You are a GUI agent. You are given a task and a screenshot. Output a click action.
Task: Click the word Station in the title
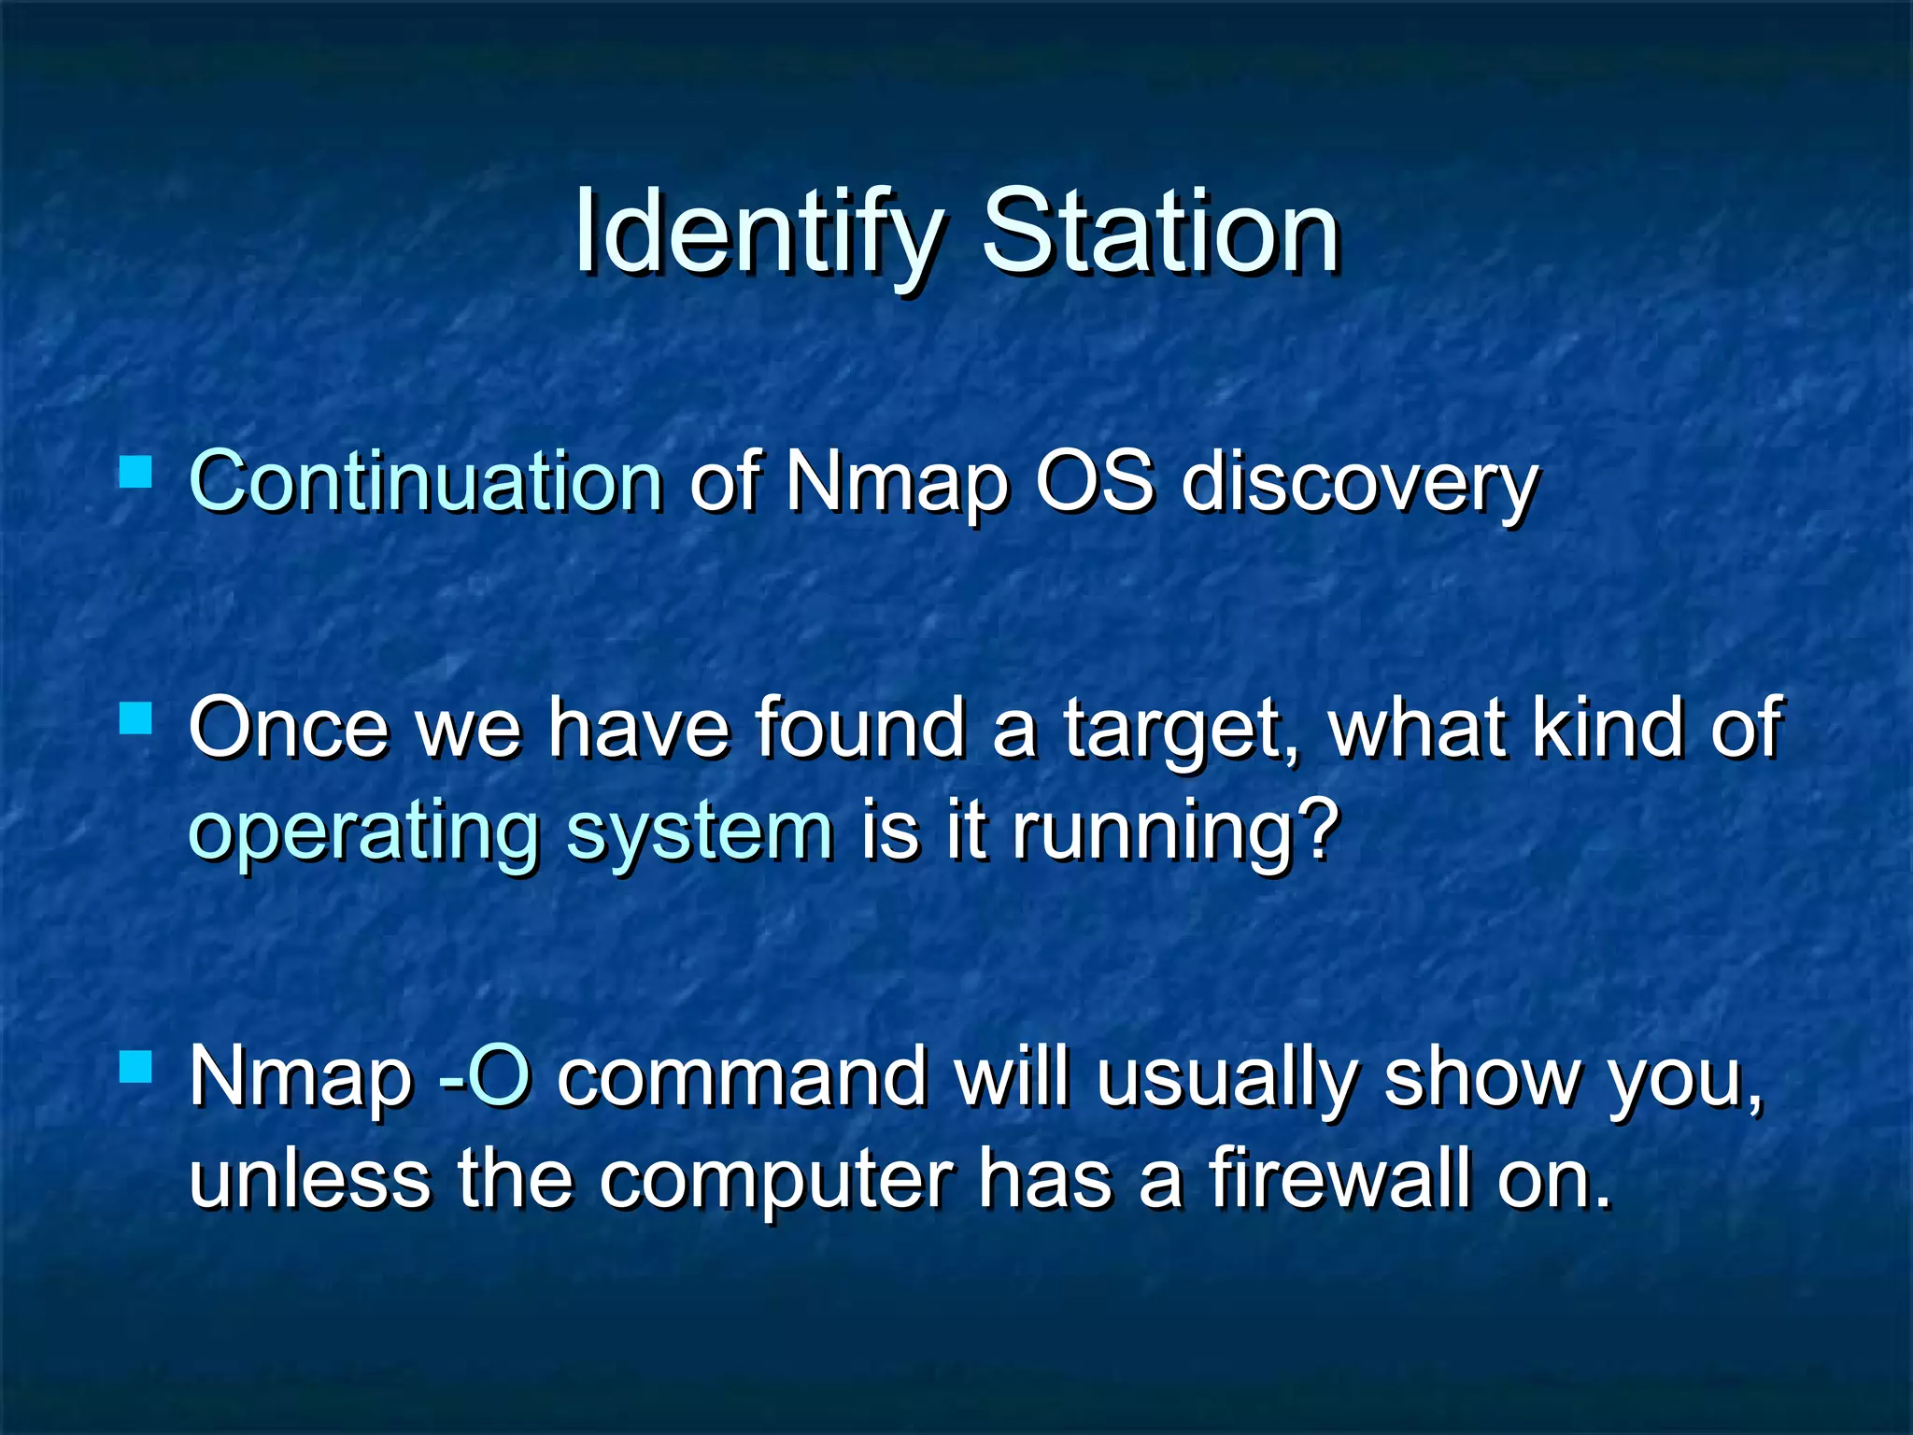(x=1161, y=232)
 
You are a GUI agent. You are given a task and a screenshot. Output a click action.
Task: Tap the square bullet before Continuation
(x=136, y=473)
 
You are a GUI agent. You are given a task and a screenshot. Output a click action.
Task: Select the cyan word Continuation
(x=426, y=482)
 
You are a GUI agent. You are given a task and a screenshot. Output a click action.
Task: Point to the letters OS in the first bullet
(x=1094, y=482)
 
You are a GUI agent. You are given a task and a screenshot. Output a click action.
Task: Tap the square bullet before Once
(x=136, y=718)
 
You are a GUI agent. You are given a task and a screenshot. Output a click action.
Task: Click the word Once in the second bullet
(x=288, y=728)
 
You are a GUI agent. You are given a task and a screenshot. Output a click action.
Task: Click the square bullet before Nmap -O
(x=136, y=1066)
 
